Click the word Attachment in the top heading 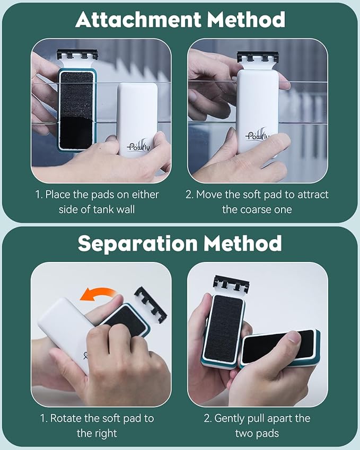pyautogui.click(x=138, y=20)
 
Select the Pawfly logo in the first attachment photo pyautogui.click(x=138, y=146)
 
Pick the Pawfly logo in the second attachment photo pyautogui.click(x=258, y=135)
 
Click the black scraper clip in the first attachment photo pyautogui.click(x=77, y=55)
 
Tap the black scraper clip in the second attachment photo pyautogui.click(x=258, y=57)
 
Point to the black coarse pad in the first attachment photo pyautogui.click(x=77, y=110)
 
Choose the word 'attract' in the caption pyautogui.click(x=313, y=195)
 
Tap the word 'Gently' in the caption pyautogui.click(x=229, y=419)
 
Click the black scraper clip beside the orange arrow pyautogui.click(x=151, y=304)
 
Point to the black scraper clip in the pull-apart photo pyautogui.click(x=231, y=284)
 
